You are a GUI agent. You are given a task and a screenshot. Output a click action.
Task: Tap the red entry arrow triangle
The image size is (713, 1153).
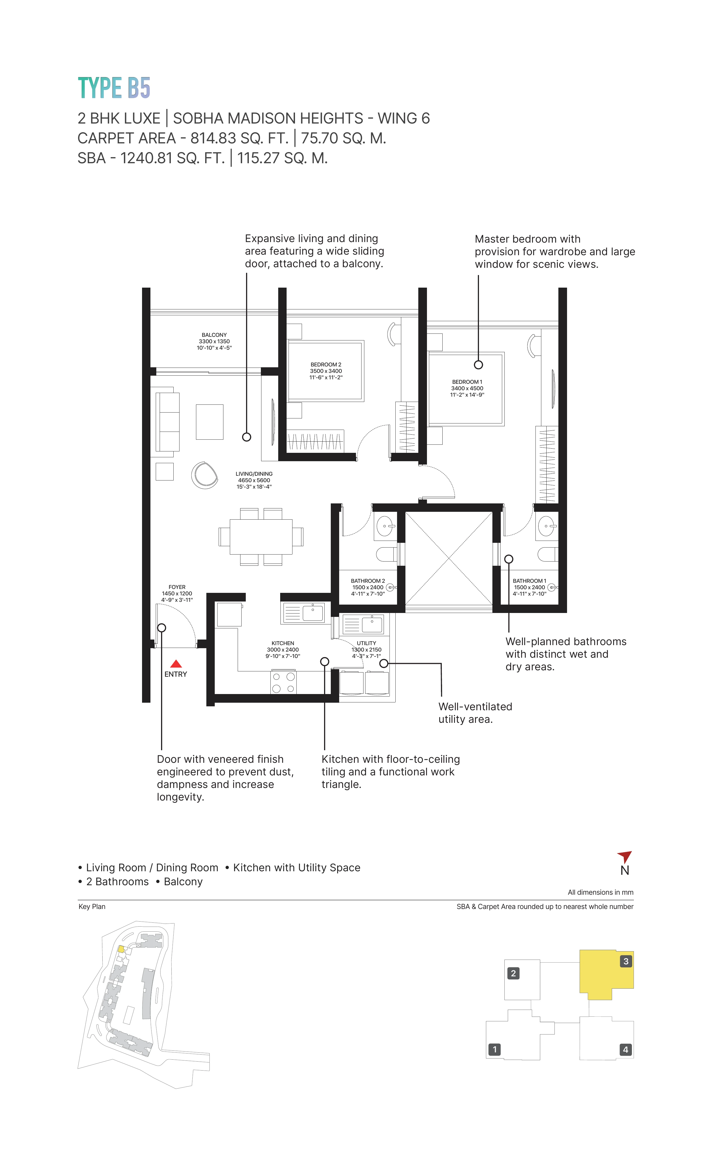tap(176, 664)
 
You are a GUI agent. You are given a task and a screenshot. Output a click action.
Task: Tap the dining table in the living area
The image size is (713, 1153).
tap(261, 536)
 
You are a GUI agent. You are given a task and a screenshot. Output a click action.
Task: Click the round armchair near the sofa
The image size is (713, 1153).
tap(205, 475)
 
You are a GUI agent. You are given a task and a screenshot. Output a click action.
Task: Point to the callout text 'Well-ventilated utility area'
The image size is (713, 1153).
tap(475, 713)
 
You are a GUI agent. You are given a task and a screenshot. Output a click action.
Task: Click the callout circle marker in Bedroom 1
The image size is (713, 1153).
tap(478, 364)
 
